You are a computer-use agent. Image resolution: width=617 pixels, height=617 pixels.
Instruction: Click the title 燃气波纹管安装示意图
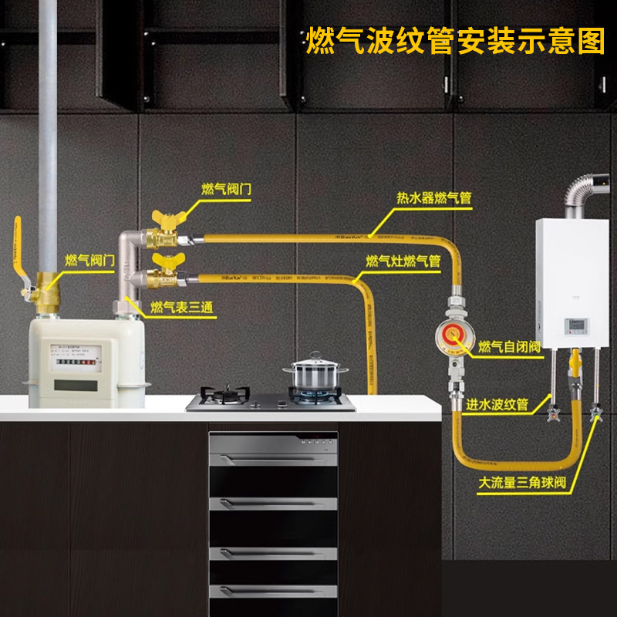(x=456, y=40)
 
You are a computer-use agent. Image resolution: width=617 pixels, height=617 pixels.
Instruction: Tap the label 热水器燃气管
(x=433, y=198)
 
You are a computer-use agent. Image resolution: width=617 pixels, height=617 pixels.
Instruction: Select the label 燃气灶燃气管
(x=403, y=261)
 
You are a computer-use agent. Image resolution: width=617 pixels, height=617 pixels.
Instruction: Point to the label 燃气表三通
(x=182, y=308)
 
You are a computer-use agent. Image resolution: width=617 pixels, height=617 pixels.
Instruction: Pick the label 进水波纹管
(x=497, y=404)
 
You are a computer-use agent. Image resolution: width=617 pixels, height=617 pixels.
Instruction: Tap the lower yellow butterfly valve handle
(x=164, y=258)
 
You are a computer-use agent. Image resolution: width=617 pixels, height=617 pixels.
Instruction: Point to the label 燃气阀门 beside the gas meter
(x=90, y=260)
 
